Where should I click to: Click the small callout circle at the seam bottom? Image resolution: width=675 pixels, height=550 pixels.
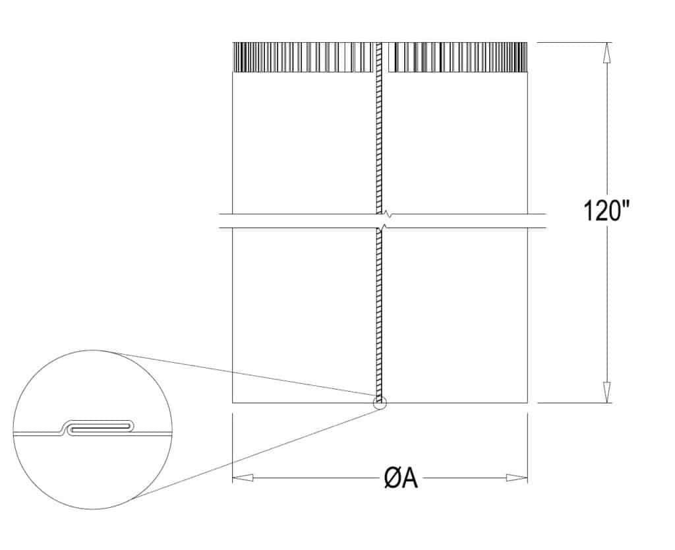point(380,402)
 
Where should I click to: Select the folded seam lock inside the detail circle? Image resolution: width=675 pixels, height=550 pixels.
point(99,427)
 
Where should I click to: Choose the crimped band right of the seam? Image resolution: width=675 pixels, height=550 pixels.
point(457,57)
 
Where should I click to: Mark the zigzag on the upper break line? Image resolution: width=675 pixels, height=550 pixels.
point(388,214)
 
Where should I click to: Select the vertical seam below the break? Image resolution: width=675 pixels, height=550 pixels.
point(380,310)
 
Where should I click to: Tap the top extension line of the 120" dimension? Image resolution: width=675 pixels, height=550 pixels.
point(573,43)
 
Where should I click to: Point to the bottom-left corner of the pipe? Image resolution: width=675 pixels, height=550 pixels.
point(233,402)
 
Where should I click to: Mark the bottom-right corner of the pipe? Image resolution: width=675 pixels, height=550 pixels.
point(527,402)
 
